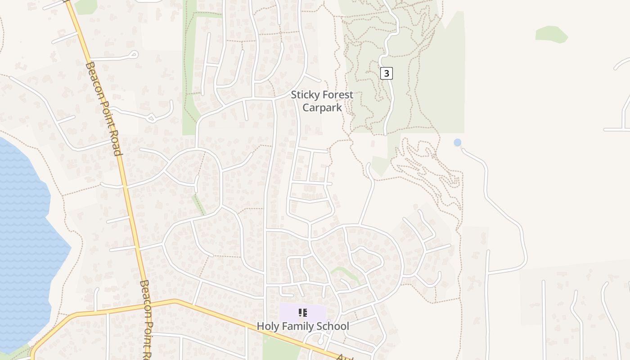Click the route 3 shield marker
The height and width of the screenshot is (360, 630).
click(387, 73)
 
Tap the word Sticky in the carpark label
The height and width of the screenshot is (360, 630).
click(305, 95)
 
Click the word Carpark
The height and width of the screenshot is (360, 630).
click(322, 108)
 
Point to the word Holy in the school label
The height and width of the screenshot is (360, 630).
click(266, 326)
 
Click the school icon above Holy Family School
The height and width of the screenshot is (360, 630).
click(303, 312)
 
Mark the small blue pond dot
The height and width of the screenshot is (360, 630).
click(458, 143)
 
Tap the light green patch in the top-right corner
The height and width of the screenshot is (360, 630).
click(552, 34)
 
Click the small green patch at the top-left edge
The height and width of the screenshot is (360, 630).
click(85, 6)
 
